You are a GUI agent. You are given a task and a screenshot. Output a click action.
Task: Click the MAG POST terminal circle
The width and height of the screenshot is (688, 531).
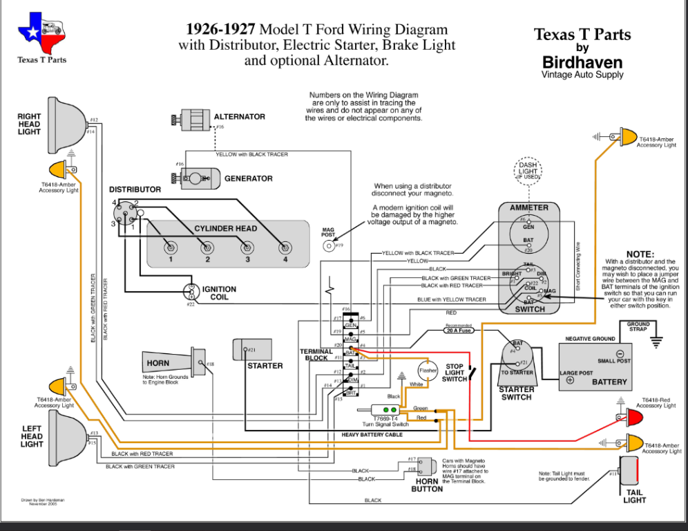coord(328,246)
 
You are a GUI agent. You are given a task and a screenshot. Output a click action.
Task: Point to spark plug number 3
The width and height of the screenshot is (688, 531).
coord(245,248)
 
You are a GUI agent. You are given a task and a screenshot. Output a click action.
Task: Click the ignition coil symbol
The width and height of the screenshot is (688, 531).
coord(190,292)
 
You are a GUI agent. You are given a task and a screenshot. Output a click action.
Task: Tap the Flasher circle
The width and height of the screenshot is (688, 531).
coord(428,371)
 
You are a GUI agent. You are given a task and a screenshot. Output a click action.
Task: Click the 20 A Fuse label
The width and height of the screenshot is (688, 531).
coord(459,330)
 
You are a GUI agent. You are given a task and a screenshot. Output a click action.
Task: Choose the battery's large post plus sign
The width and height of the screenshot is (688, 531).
coord(570,380)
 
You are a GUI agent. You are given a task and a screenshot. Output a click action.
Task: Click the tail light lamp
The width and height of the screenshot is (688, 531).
coord(629,473)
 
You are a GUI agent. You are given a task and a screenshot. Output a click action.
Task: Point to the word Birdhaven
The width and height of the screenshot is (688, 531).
coord(582,62)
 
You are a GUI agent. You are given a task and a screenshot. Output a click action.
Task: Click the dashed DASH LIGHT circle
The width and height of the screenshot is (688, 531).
coord(528,171)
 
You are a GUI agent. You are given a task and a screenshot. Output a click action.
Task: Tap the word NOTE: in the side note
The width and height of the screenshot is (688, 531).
coord(640,254)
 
